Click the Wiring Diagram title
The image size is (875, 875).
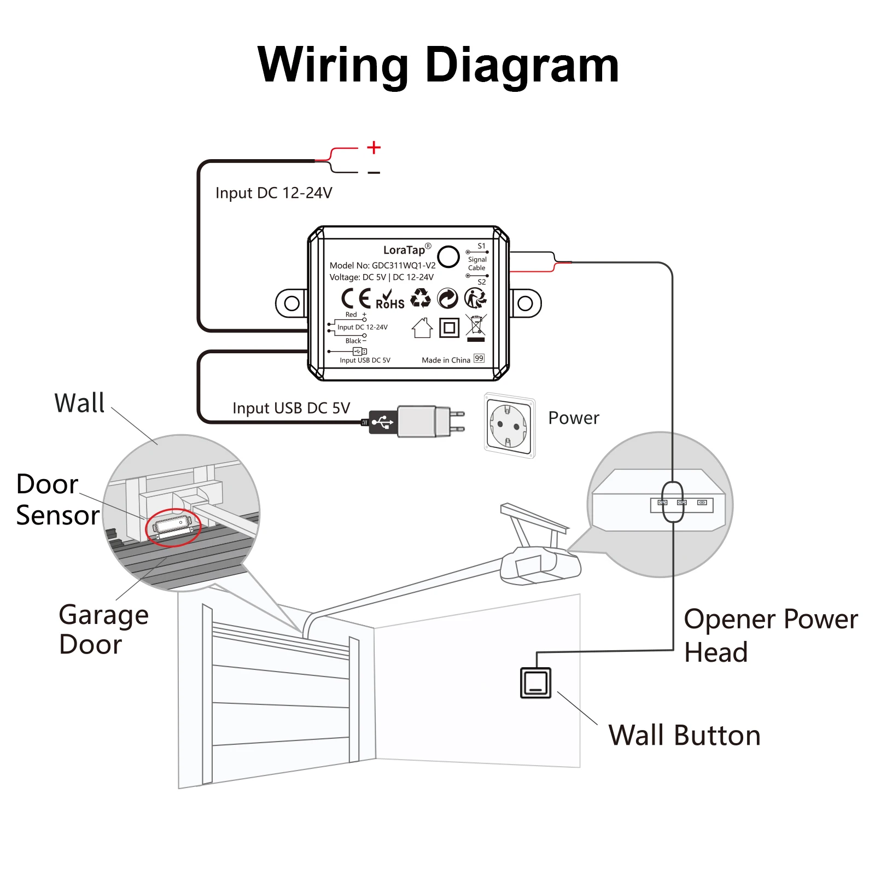click(438, 65)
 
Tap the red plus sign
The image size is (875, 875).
click(374, 147)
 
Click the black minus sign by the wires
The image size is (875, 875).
click(374, 173)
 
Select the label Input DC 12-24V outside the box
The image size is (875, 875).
click(273, 193)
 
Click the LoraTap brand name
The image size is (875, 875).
click(404, 250)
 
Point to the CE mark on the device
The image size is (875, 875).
click(356, 299)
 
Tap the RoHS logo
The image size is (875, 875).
click(390, 300)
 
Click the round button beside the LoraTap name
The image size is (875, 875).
click(448, 256)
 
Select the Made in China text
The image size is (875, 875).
click(446, 360)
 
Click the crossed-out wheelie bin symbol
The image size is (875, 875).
click(476, 326)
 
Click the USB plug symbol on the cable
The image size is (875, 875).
click(382, 422)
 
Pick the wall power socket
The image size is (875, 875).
click(509, 425)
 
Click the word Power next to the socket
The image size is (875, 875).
click(574, 418)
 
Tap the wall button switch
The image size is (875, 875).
click(536, 682)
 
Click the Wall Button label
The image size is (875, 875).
click(684, 736)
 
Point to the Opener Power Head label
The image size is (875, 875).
click(770, 635)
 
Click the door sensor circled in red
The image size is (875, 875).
click(173, 526)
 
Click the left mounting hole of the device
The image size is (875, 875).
click(292, 303)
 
